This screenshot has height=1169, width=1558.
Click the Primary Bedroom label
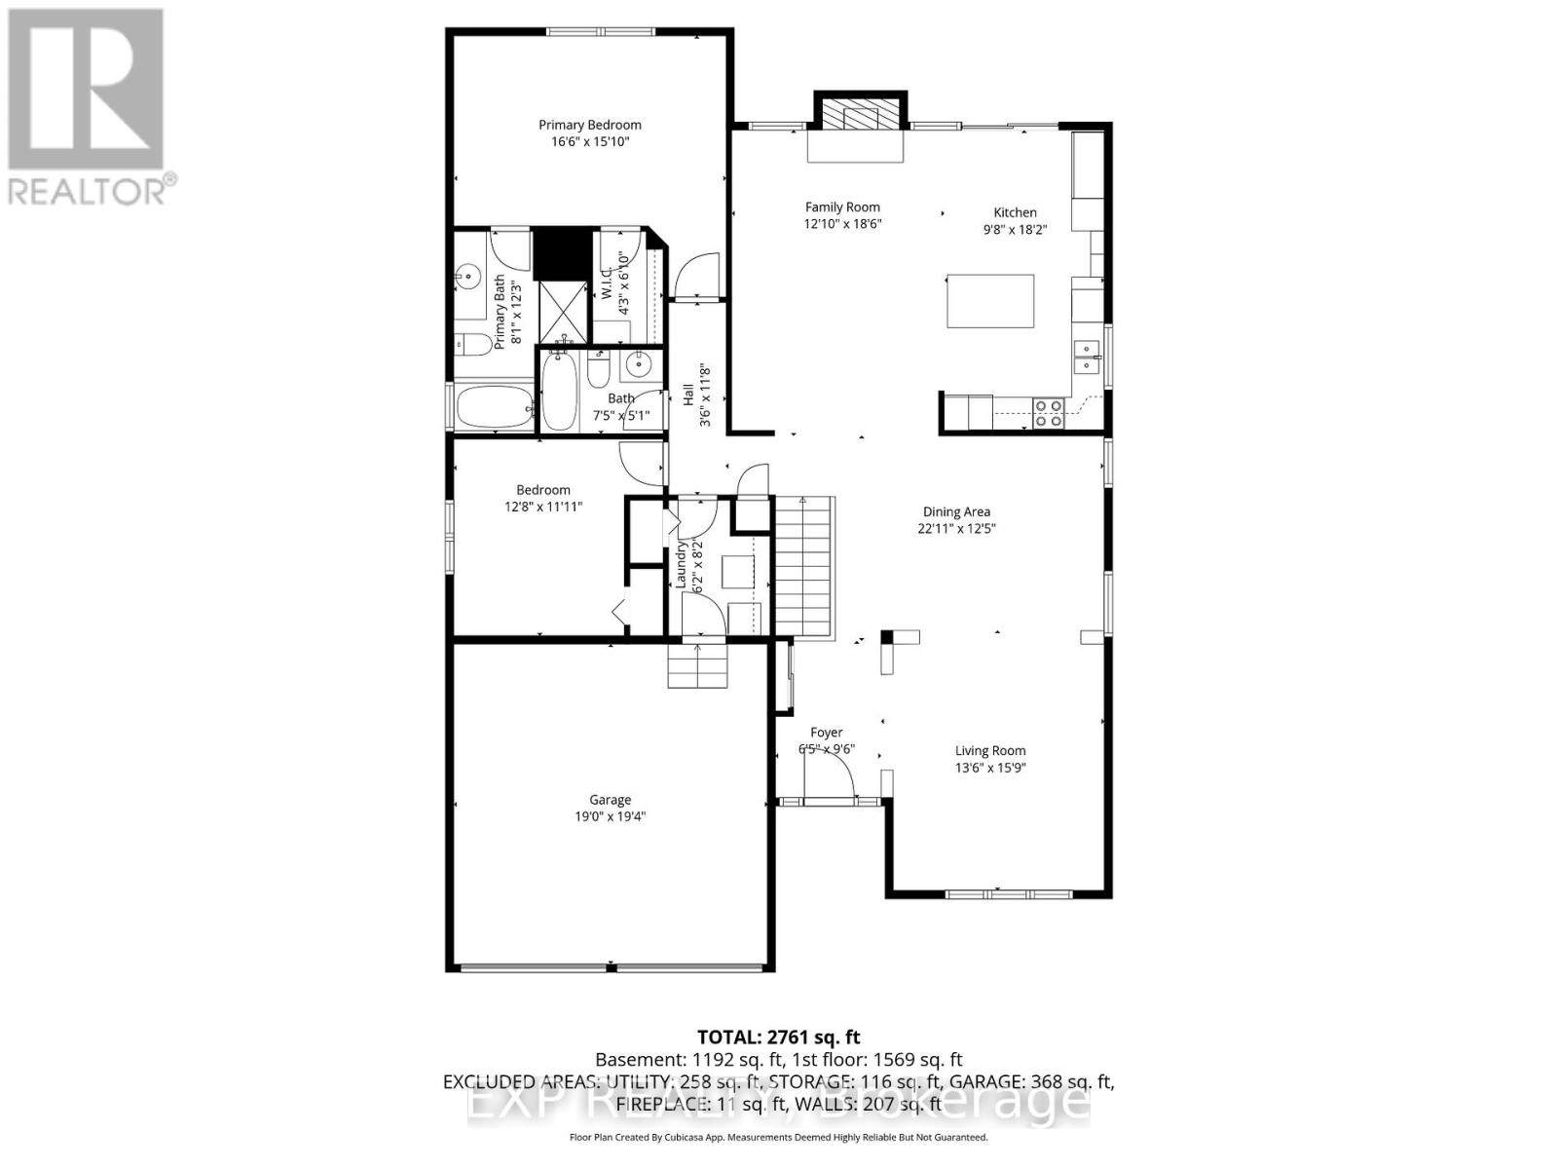click(590, 125)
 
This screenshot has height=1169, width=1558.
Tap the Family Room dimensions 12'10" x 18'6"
click(842, 224)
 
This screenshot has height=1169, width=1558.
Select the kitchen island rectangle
click(990, 301)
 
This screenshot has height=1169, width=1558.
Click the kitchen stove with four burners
click(1048, 413)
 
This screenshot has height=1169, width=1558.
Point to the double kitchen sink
click(1087, 357)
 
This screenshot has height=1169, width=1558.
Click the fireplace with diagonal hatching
click(859, 116)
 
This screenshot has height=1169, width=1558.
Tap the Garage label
click(610, 800)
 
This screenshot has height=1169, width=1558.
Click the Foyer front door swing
click(829, 776)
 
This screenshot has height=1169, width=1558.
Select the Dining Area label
click(956, 511)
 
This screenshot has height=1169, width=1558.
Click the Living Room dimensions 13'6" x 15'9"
click(990, 768)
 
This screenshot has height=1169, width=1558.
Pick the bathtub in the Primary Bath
click(495, 406)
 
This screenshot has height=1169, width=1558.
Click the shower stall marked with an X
click(562, 309)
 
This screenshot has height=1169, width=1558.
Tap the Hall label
click(688, 396)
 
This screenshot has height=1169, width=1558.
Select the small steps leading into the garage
click(697, 665)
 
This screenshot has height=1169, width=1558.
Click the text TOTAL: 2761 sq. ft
click(778, 1037)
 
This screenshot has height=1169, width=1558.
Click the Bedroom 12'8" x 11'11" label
click(543, 498)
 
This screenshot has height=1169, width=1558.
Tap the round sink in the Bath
click(638, 365)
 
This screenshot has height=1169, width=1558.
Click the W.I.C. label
click(606, 283)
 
